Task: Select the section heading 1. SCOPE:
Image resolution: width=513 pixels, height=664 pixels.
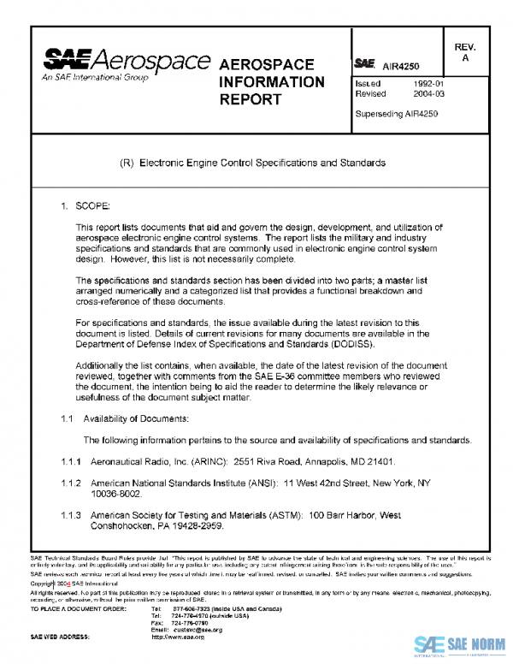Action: (x=80, y=207)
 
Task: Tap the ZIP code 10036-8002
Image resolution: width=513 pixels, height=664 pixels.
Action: (x=118, y=494)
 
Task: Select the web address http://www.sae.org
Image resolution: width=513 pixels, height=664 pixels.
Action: (x=178, y=637)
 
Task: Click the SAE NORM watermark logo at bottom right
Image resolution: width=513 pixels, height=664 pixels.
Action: (x=462, y=644)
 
